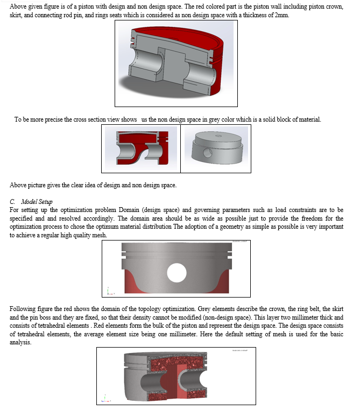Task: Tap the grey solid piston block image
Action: (x=216, y=149)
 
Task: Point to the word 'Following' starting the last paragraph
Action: (x=22, y=309)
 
